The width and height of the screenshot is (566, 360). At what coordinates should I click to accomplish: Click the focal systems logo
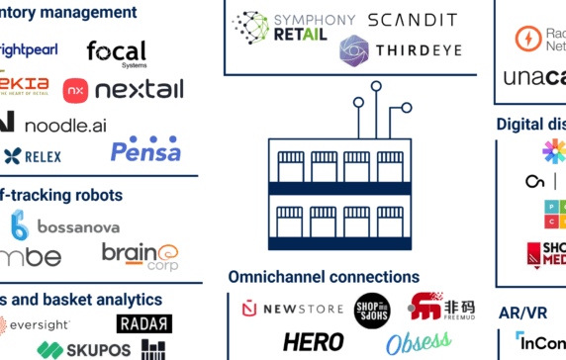click(116, 52)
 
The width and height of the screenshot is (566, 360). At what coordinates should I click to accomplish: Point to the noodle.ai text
click(64, 125)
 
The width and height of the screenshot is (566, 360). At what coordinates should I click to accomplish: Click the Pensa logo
click(145, 150)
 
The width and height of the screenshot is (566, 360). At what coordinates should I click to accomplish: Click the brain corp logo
click(140, 254)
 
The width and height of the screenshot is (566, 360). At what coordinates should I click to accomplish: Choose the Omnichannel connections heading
click(324, 277)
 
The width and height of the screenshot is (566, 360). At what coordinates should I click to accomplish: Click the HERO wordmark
click(313, 342)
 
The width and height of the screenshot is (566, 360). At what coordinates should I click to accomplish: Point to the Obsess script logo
click(417, 343)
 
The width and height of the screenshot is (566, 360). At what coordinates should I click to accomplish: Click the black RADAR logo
click(143, 323)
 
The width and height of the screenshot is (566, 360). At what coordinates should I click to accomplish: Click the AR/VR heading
click(523, 313)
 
